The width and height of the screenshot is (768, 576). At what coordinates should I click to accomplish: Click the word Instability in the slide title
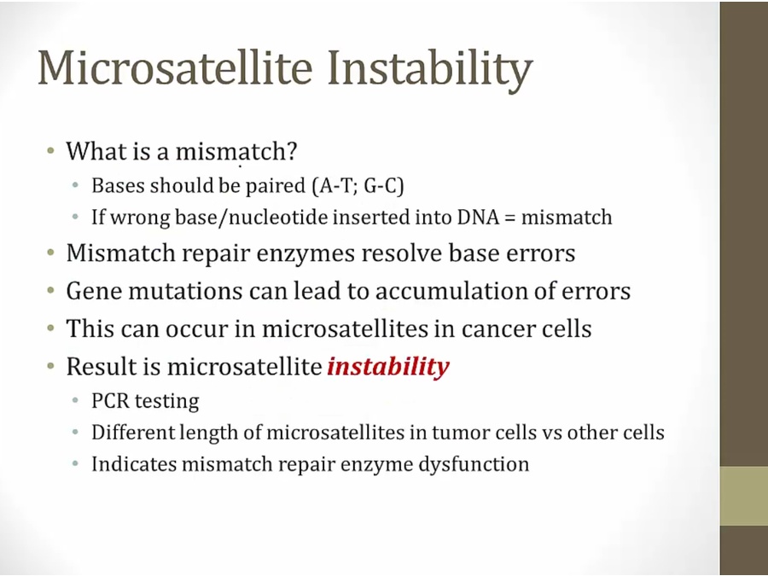[x=429, y=68]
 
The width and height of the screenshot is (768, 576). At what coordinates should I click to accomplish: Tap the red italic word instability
[x=388, y=366]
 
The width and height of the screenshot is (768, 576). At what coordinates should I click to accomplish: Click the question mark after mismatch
[x=291, y=151]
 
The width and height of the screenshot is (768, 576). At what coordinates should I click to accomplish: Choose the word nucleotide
[x=277, y=217]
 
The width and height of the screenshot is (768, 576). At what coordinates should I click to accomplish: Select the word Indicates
[x=134, y=464]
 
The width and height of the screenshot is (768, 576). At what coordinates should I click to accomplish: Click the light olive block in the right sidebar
[x=744, y=496]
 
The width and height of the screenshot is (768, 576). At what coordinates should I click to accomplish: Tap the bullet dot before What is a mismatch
[x=50, y=150]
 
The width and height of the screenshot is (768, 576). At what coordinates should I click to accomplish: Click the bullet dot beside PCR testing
[x=75, y=401]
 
